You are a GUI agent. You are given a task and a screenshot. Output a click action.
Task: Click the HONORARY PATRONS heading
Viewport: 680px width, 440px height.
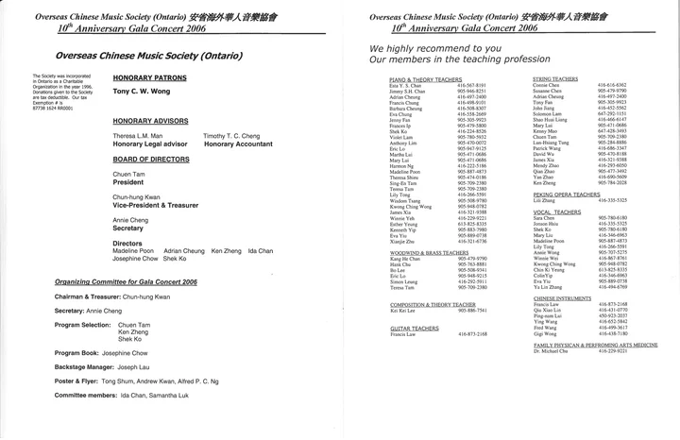(x=146, y=76)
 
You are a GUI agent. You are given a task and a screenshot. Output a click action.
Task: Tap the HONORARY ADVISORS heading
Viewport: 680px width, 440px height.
(x=148, y=121)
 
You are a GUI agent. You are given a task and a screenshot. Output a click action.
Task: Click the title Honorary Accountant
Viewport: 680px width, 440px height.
(x=237, y=144)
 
